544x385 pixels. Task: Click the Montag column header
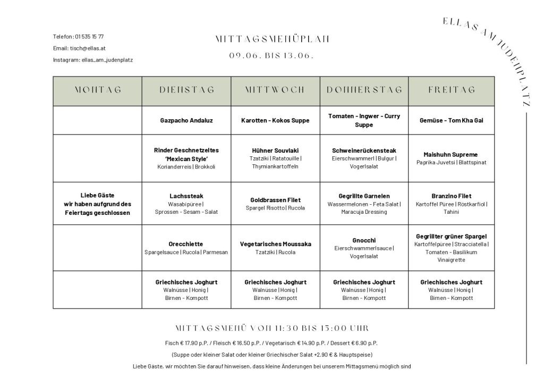[x=98, y=90]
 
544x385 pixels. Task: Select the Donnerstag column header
[x=364, y=90]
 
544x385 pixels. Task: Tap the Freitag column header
[x=452, y=90]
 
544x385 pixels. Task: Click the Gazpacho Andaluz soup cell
[x=186, y=120]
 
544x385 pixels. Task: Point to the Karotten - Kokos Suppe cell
[x=275, y=120]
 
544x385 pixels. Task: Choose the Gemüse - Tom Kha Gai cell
[x=451, y=120]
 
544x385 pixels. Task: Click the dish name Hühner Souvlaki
[x=275, y=150]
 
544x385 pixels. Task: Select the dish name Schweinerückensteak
[x=364, y=150]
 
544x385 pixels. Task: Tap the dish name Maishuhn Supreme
[x=451, y=154]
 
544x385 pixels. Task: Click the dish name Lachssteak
[x=186, y=196]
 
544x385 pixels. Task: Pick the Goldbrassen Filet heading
[x=275, y=200]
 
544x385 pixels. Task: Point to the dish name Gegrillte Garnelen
[x=364, y=196]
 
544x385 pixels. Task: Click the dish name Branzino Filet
[x=451, y=196]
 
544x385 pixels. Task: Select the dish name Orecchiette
[x=186, y=244]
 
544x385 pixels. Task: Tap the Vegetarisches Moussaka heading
[x=275, y=244]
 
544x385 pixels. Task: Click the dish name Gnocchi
[x=364, y=240]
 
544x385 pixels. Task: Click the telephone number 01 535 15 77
[x=89, y=37]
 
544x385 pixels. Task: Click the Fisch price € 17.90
[x=189, y=343]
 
